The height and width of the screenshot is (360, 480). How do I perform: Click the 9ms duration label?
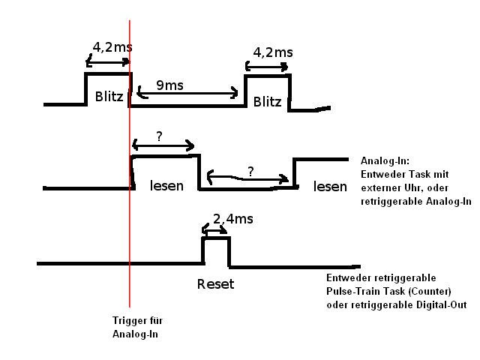(170, 85)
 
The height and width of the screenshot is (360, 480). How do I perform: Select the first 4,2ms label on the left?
(112, 47)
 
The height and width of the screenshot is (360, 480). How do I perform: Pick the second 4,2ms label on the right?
(273, 52)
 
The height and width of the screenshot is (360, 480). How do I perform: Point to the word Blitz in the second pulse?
(268, 101)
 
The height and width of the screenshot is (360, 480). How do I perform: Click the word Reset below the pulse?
(216, 284)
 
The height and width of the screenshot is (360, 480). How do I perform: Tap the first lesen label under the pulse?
(166, 185)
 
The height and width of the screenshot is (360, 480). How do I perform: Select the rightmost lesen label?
(331, 186)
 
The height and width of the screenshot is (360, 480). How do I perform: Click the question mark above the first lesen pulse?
(159, 136)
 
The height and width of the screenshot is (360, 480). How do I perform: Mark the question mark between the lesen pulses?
(250, 172)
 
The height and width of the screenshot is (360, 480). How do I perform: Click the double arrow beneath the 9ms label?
(187, 94)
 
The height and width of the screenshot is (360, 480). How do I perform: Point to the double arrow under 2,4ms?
(216, 232)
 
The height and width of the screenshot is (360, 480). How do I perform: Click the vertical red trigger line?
(130, 225)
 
